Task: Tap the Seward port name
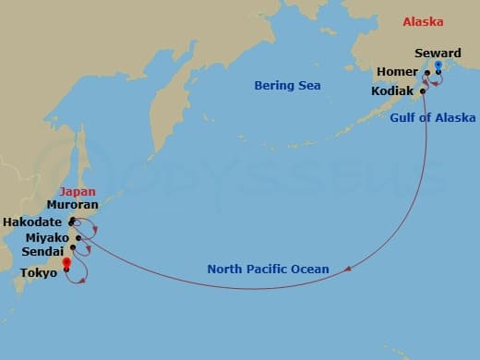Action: pos(438,54)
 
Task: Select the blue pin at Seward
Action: pos(438,66)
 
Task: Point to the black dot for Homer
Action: pos(426,73)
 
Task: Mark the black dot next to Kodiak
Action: pos(423,91)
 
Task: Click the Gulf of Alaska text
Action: pos(433,117)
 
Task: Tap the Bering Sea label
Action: pos(287,86)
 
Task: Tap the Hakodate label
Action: pos(32,222)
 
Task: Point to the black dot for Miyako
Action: pos(79,238)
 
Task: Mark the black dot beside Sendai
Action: pos(73,248)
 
